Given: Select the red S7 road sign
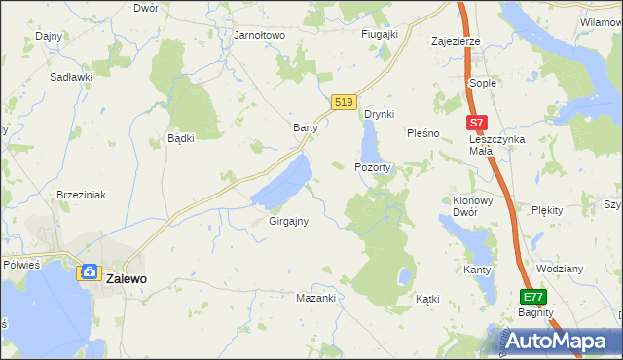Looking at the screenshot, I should pos(475,124).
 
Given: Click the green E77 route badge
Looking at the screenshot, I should pos(531,297).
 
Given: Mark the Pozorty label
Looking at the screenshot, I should pos(373,167).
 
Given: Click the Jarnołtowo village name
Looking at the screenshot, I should pos(259,35).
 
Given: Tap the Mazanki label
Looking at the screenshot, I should pos(315,298).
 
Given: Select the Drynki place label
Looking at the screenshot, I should pos(379,114).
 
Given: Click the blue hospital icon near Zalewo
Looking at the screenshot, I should pos(89,273).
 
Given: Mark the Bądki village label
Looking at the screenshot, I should pos(181,138).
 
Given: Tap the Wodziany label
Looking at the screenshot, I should pos(560,269).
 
